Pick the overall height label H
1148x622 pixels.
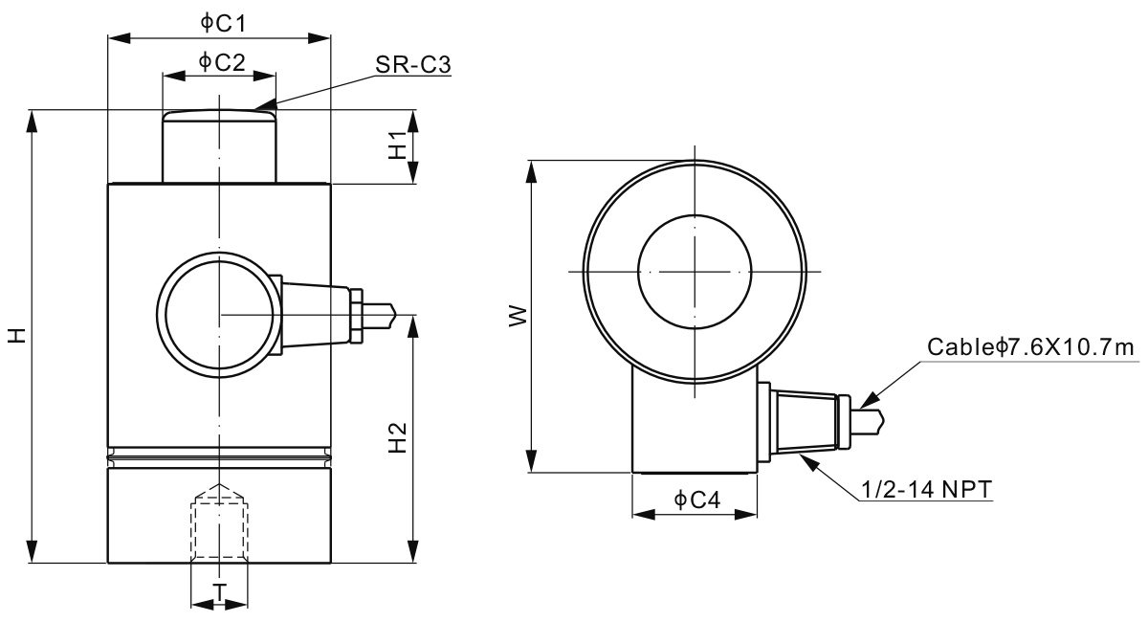point(16,336)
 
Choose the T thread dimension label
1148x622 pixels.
point(219,592)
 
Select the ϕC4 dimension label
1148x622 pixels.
point(695,500)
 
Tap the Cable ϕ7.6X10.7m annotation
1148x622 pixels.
point(1030,347)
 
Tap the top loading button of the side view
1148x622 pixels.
point(219,145)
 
